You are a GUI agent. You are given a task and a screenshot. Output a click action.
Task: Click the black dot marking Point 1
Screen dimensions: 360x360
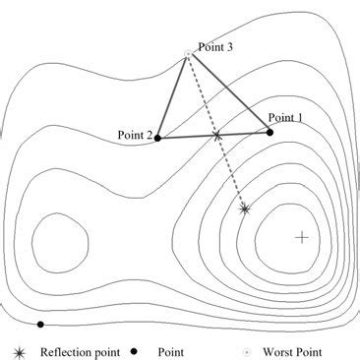(270, 132)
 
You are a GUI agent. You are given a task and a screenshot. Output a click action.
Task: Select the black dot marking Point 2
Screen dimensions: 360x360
(158, 138)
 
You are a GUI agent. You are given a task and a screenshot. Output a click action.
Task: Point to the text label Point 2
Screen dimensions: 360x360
(133, 137)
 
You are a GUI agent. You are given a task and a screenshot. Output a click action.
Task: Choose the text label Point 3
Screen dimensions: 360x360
(214, 46)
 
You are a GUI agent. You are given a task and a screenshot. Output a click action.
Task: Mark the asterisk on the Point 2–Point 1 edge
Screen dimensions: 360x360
(217, 135)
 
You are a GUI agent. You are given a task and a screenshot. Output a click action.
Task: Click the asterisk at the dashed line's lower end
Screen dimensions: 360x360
(245, 209)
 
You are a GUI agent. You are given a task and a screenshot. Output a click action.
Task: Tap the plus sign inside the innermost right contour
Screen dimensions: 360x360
(301, 237)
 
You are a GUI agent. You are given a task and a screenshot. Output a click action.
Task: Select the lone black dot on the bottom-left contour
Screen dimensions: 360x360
(40, 324)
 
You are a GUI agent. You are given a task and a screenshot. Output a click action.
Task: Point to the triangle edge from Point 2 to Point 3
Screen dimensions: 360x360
(173, 94)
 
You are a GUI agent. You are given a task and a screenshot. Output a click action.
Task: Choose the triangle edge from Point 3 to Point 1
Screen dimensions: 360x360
(228, 91)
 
